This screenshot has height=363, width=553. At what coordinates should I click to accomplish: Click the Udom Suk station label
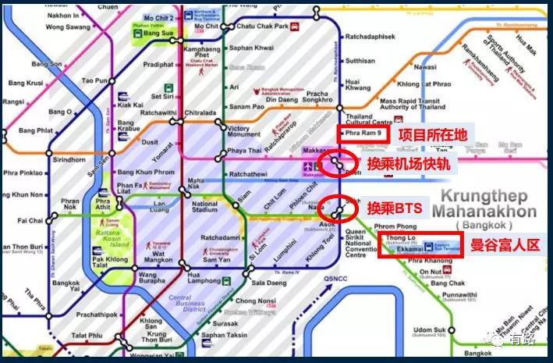(x=427, y=332)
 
